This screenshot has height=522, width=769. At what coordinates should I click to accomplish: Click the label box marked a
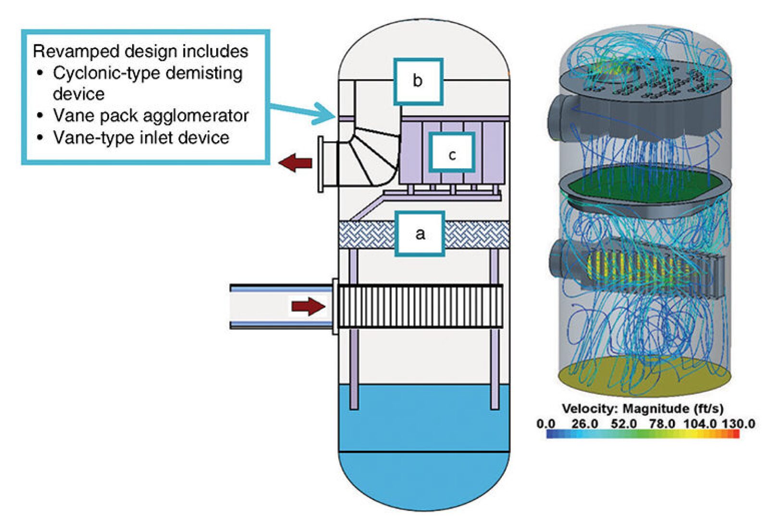(420, 234)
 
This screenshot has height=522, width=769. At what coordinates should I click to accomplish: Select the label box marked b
(418, 81)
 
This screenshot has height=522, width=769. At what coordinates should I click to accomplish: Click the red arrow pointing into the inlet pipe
(308, 306)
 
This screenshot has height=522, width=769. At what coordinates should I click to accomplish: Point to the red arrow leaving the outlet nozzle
(295, 163)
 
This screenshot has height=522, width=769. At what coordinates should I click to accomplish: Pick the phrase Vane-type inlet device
(141, 138)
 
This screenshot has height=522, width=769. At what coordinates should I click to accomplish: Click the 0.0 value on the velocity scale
(546, 423)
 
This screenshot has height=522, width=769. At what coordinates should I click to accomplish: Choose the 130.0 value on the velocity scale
(739, 423)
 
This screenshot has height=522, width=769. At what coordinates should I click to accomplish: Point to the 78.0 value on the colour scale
(662, 423)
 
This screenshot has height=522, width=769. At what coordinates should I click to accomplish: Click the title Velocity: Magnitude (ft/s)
(642, 409)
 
